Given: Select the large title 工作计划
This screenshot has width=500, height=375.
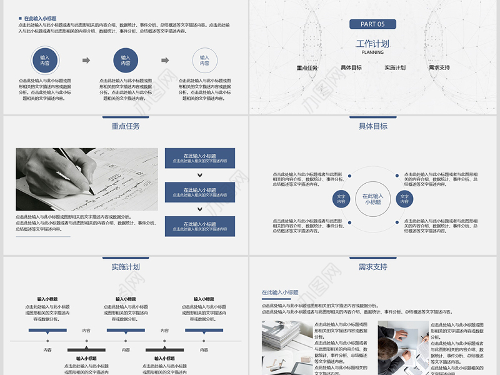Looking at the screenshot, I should tap(372, 44).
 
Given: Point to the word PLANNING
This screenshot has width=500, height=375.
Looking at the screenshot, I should tap(372, 52).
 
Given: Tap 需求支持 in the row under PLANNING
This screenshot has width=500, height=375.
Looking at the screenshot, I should tap(439, 67).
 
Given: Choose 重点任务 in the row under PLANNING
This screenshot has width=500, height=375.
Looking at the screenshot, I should tap(307, 67).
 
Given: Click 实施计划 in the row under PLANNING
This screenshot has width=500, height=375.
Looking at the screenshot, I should tap(395, 67).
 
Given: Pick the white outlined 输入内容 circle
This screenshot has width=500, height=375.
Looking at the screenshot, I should tap(204, 61).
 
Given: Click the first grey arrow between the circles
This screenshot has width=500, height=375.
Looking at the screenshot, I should tap(86, 61).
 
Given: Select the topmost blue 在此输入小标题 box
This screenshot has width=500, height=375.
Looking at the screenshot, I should tap(200, 158).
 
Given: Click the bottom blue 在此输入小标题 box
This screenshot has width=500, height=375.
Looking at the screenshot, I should tap(200, 226).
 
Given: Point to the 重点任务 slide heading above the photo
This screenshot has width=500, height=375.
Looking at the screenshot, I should tap(126, 126).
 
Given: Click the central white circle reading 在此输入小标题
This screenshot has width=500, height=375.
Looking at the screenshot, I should tap(372, 199).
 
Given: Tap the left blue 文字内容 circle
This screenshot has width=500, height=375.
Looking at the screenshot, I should tap(341, 199).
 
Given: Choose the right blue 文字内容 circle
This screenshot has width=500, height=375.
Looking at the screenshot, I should tap(404, 199).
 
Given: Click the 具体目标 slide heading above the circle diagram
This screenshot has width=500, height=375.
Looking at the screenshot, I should tap(372, 126).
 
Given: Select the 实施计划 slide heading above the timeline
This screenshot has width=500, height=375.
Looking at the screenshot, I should tap(126, 267).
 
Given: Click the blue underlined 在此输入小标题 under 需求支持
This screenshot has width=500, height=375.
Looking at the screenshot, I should tap(280, 292).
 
